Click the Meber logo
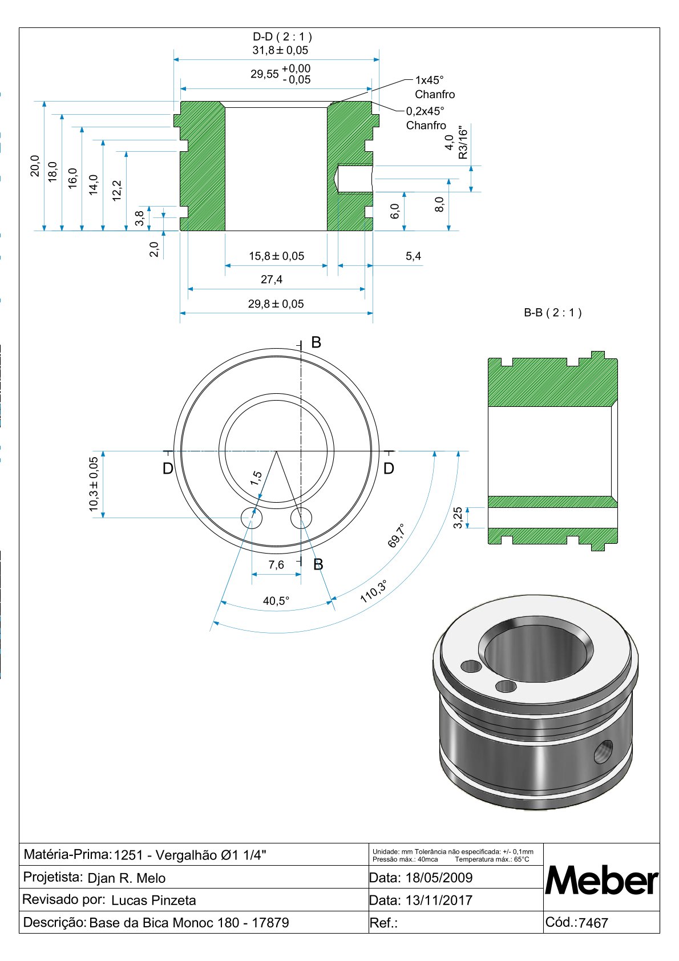point(601,881)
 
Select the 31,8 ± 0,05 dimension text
point(280,50)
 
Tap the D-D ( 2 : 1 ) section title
point(282,37)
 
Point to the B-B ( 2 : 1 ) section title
point(552,313)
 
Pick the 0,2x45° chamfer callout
point(425,111)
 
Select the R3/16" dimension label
point(463,143)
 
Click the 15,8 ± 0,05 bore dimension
point(276,256)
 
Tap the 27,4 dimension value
point(272,280)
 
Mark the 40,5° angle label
point(276,601)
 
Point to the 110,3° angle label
point(374,591)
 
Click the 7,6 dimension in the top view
point(276,565)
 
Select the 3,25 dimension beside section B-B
point(458,518)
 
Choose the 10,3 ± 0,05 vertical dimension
point(94,484)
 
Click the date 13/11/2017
point(439,901)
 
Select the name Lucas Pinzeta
point(153,901)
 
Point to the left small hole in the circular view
point(252,519)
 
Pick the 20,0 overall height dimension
point(35,165)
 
